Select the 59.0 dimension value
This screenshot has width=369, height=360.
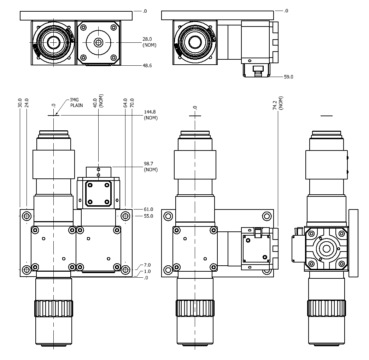[x=288, y=76]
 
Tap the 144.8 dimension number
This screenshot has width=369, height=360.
[x=150, y=112]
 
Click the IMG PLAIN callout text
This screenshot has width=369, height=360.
[x=76, y=102]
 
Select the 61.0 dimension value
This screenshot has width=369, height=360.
[x=148, y=209]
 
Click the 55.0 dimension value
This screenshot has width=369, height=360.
[x=148, y=216]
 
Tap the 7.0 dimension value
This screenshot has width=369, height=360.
[x=147, y=265]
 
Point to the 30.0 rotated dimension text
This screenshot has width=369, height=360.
[x=20, y=103]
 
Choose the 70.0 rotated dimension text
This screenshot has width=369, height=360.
[x=132, y=103]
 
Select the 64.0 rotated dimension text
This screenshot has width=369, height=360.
[x=125, y=103]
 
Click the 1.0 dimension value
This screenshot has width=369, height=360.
[x=147, y=271]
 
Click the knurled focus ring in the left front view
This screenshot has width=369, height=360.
[x=54, y=308]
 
